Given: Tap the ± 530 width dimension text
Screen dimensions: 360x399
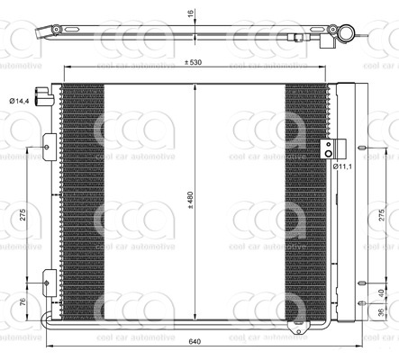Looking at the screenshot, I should (192, 62).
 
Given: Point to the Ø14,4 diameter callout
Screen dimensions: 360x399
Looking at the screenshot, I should (20, 100).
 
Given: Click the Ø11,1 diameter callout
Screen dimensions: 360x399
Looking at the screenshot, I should (341, 166).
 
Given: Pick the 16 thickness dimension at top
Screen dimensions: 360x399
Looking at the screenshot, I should (191, 14).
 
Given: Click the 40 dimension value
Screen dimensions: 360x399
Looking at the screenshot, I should (382, 293).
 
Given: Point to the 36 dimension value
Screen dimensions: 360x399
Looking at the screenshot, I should (382, 312).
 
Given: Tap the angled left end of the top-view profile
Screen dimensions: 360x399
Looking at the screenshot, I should (43, 34).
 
